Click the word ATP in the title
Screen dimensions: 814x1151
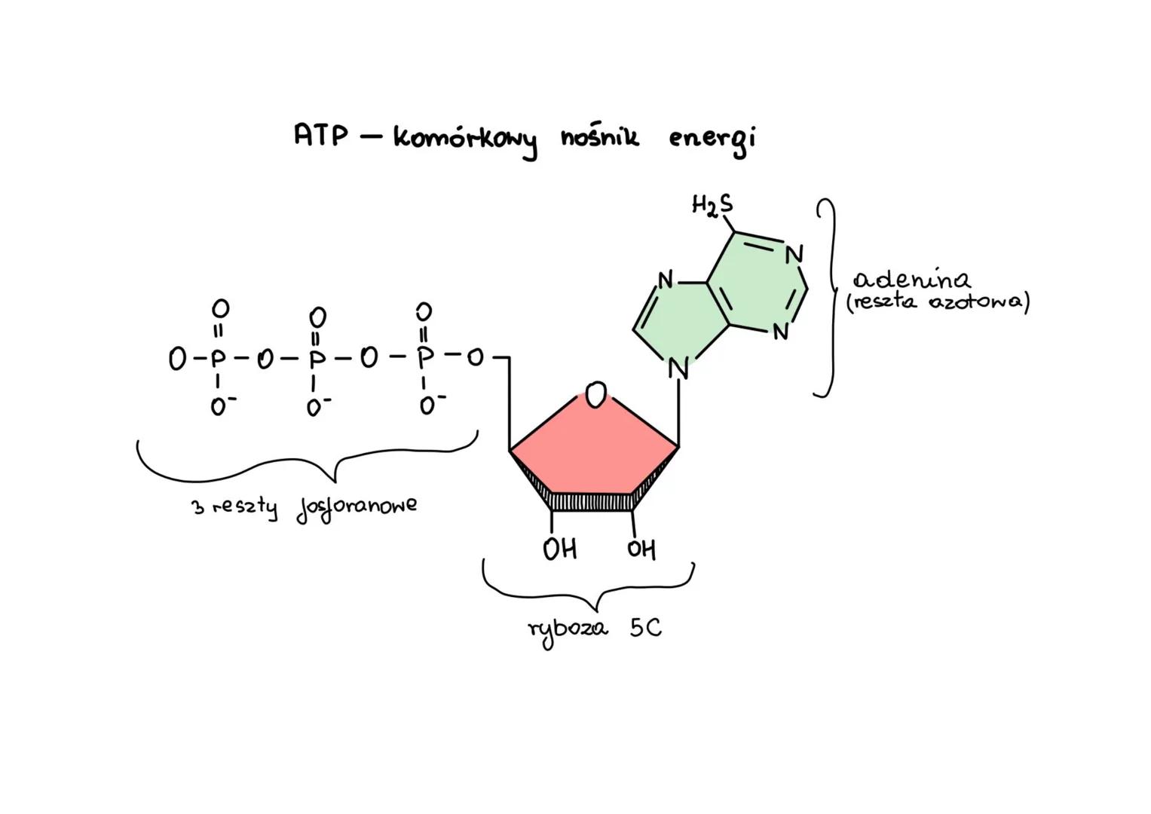pyautogui.click(x=321, y=136)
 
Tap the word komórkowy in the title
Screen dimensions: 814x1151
pyautogui.click(x=466, y=140)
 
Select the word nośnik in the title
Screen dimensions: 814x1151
pyautogui.click(x=600, y=137)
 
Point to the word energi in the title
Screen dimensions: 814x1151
pyautogui.click(x=712, y=140)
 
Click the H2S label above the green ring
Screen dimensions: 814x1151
pyautogui.click(x=712, y=205)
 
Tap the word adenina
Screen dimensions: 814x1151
pyautogui.click(x=912, y=280)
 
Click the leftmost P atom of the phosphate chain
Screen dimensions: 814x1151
pyautogui.click(x=217, y=358)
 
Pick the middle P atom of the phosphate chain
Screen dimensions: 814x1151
pyautogui.click(x=317, y=359)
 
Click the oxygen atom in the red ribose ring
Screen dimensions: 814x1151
pyautogui.click(x=596, y=394)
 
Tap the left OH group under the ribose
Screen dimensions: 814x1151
pyautogui.click(x=559, y=549)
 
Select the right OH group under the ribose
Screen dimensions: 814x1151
pyautogui.click(x=641, y=549)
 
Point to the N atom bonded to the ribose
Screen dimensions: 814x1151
pyautogui.click(x=678, y=370)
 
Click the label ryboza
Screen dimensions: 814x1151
pyautogui.click(x=568, y=629)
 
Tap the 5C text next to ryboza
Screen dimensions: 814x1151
pyautogui.click(x=646, y=628)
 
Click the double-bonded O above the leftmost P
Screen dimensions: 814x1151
pyautogui.click(x=219, y=308)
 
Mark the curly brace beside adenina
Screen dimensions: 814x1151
pyautogui.click(x=828, y=297)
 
